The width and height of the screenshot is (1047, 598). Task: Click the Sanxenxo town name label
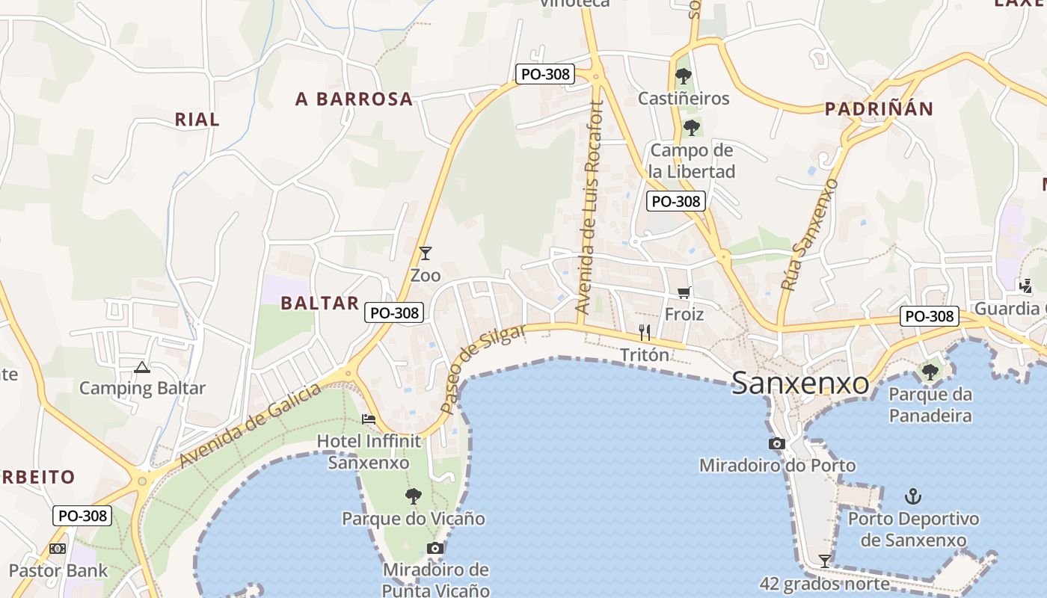click(800, 383)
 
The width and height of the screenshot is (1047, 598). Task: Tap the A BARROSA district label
click(354, 99)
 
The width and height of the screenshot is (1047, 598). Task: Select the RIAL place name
click(197, 119)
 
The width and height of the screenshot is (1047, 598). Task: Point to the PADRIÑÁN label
click(879, 109)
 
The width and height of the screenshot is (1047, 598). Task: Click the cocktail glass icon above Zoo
click(426, 253)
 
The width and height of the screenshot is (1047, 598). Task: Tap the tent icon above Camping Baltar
click(142, 367)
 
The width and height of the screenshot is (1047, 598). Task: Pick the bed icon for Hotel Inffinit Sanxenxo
click(369, 419)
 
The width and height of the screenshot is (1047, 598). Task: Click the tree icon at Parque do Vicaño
click(413, 496)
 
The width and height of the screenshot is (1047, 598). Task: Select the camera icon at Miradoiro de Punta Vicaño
click(435, 548)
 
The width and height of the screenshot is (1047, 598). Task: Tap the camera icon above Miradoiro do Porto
click(777, 443)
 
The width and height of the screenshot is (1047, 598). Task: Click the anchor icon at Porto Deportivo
click(913, 496)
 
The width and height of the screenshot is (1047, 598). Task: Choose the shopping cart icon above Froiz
click(684, 292)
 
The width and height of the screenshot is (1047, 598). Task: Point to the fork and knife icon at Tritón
click(645, 332)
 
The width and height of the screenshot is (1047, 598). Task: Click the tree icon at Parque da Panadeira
click(930, 372)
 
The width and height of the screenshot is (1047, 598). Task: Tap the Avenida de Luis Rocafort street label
click(589, 208)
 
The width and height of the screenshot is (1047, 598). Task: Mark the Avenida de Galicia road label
click(251, 424)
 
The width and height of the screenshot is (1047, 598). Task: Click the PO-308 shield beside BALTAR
click(394, 312)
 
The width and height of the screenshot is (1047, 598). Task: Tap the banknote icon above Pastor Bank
click(58, 549)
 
